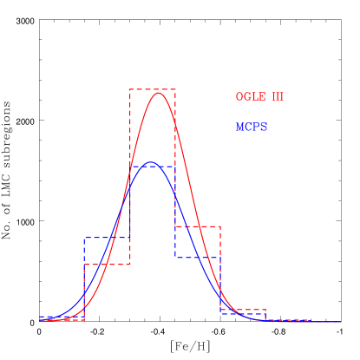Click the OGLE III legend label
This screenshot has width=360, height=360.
[x=259, y=96]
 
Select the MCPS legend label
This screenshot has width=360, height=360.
[x=252, y=128]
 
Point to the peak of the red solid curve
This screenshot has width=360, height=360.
[x=158, y=92]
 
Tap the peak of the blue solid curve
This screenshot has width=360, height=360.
[x=151, y=162]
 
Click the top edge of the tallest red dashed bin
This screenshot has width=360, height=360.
[x=153, y=89]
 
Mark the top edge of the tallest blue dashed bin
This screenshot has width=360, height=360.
[x=153, y=167]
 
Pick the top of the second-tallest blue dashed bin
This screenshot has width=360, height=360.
[x=107, y=238]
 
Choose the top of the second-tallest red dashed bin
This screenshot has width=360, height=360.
[x=198, y=226]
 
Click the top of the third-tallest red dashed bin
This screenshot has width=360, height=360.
[x=107, y=264]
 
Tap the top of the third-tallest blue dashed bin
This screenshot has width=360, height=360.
[x=198, y=257]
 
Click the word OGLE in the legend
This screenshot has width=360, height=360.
[x=249, y=96]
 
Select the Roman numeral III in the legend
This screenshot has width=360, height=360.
[x=278, y=96]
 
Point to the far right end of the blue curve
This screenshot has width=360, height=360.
[x=341, y=322]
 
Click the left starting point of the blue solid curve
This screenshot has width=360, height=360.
[x=40, y=318]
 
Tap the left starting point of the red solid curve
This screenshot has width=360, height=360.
[x=40, y=321]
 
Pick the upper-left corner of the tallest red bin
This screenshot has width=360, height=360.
[x=130, y=89]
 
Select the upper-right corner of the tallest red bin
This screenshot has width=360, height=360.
[x=175, y=89]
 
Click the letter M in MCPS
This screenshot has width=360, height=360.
[x=239, y=128]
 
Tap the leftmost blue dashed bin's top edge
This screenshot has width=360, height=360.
[x=62, y=317]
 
